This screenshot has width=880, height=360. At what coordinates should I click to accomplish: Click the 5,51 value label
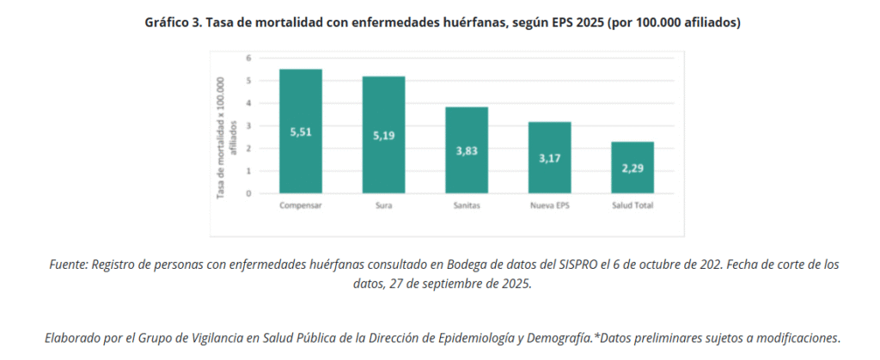click(x=300, y=131)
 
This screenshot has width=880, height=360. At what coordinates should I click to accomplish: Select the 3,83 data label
click(x=467, y=150)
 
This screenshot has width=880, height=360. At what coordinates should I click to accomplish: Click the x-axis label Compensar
click(x=300, y=206)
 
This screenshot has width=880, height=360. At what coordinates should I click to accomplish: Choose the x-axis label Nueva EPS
click(x=549, y=206)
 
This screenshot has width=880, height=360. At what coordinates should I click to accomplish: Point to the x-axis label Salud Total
click(x=632, y=206)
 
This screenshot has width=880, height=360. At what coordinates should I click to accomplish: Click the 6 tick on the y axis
click(x=248, y=58)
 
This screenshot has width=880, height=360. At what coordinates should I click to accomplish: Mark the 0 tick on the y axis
click(x=248, y=193)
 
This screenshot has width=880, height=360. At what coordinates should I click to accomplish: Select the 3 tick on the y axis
click(x=248, y=125)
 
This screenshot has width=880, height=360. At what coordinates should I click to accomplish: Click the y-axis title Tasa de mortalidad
click(x=225, y=137)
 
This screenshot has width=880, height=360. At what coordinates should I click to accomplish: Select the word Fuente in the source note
click(x=68, y=265)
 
